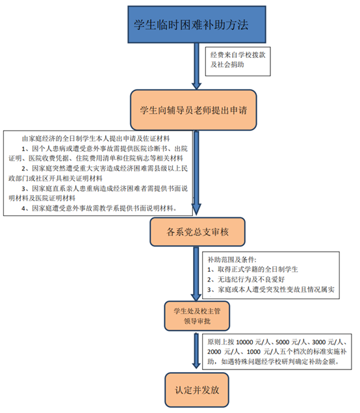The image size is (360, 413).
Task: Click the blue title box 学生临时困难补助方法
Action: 197,25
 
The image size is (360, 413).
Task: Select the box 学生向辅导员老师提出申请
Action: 194,110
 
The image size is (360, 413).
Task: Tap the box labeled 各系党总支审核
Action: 198,232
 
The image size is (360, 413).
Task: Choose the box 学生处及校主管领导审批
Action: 197,316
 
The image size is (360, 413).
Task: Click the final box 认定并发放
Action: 197,390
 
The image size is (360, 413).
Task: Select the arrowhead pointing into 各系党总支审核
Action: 197,209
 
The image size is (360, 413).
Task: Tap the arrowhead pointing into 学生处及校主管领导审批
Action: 196,297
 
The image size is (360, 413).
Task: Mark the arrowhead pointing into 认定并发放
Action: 196,365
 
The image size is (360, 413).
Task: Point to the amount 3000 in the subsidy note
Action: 319,342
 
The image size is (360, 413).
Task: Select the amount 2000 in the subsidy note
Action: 214,352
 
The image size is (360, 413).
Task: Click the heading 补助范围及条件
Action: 231,260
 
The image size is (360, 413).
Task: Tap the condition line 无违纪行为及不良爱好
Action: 246,280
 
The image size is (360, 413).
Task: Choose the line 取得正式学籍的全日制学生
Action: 253,269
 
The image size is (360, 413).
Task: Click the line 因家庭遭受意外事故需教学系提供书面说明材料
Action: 99,208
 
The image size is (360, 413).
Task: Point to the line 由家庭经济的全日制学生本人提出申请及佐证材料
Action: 96,139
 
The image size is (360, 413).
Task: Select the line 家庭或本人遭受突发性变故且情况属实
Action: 271,289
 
